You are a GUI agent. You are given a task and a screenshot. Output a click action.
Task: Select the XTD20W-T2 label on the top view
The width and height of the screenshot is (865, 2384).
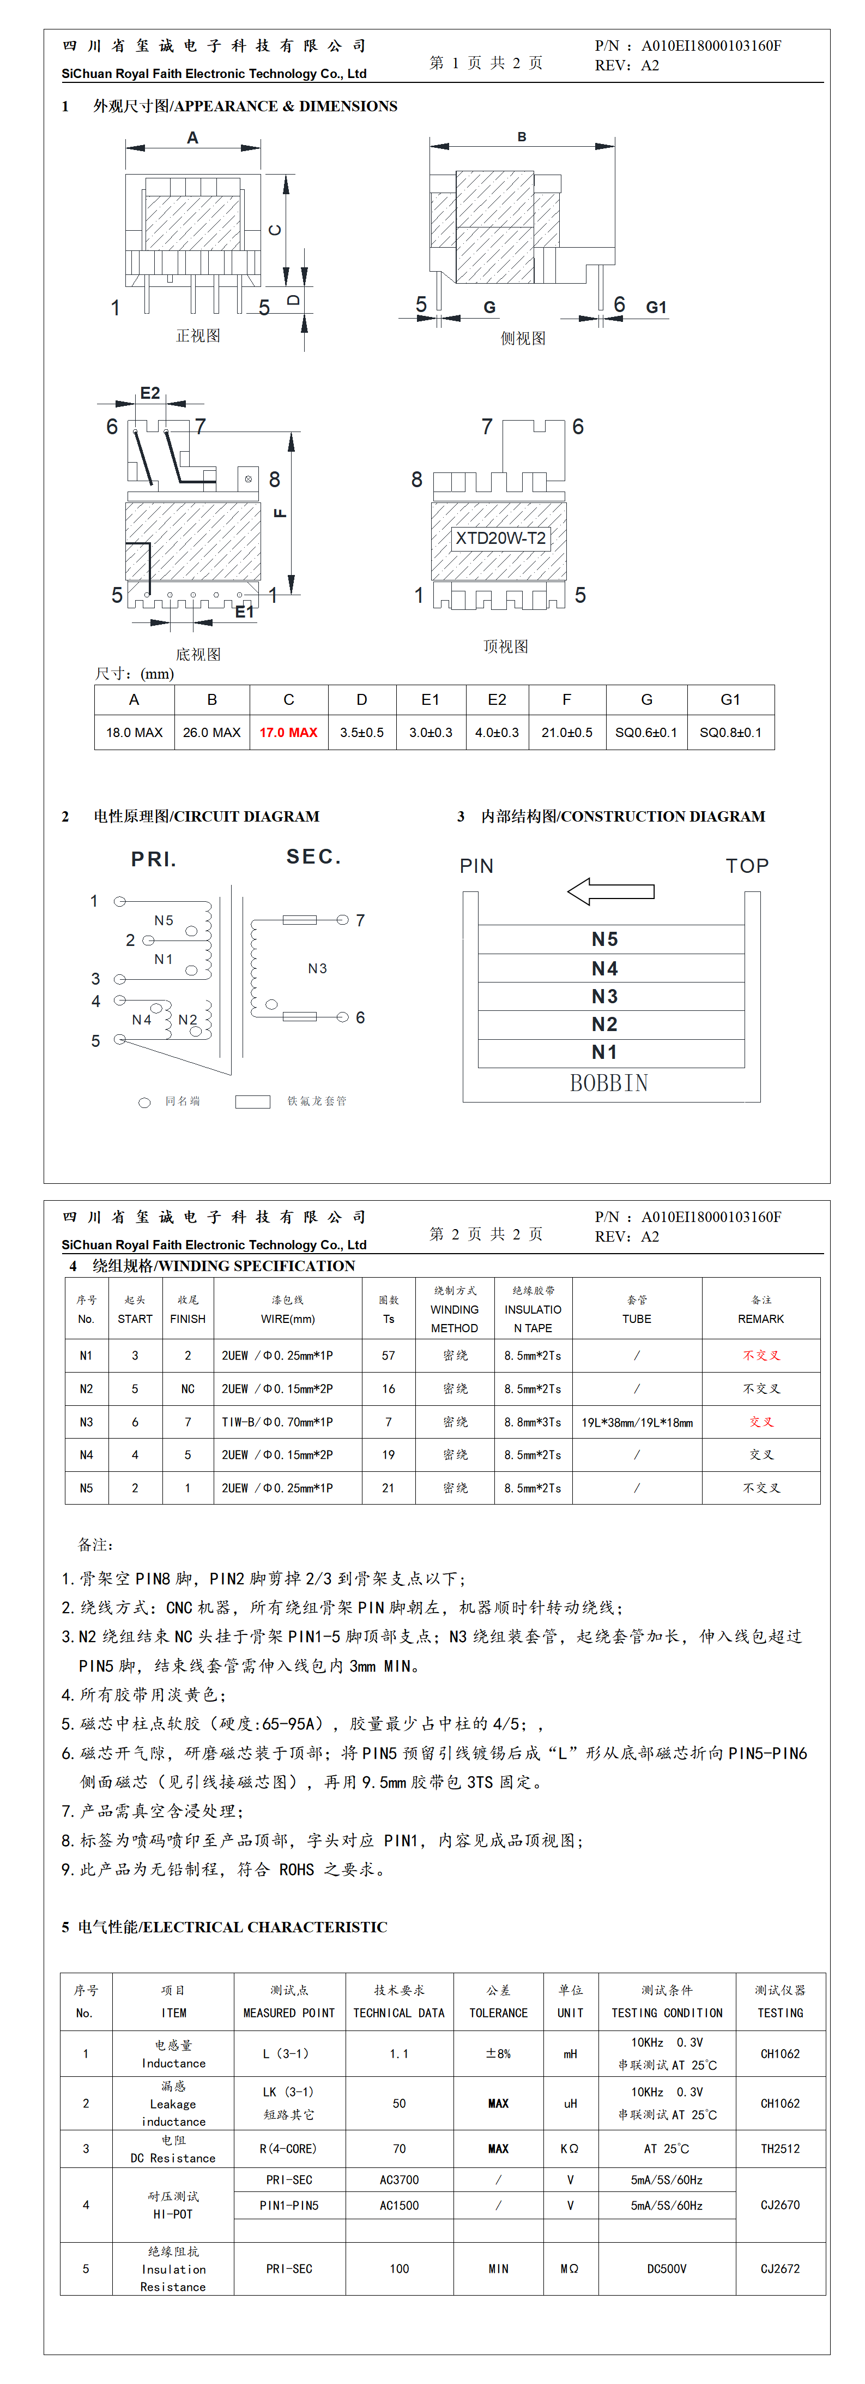click(500, 538)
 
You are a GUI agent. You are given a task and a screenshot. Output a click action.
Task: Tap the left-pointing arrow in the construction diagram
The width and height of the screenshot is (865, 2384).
click(610, 892)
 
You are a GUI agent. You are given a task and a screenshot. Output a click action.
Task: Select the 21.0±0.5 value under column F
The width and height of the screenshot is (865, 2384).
click(566, 732)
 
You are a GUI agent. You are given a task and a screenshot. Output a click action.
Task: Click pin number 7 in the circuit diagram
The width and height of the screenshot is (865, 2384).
click(360, 920)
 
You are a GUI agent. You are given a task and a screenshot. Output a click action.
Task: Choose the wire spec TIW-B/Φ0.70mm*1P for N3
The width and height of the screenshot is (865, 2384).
click(277, 1422)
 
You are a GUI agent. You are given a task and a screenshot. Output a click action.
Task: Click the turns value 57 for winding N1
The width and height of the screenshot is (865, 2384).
click(389, 1355)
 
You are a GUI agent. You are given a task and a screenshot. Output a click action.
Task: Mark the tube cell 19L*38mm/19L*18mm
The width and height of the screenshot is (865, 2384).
click(637, 1422)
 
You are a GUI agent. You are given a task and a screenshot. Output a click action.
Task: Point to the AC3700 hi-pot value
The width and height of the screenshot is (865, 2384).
click(399, 2179)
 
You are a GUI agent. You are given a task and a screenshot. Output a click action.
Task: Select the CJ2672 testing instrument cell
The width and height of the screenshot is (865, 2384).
click(780, 2268)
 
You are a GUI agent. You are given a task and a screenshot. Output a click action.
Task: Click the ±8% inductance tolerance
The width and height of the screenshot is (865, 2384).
click(498, 2053)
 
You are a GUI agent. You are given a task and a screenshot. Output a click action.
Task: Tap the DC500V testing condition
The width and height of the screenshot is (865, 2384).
click(666, 2268)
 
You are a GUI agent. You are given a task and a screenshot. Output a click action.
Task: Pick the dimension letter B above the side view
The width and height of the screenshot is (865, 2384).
click(522, 137)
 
